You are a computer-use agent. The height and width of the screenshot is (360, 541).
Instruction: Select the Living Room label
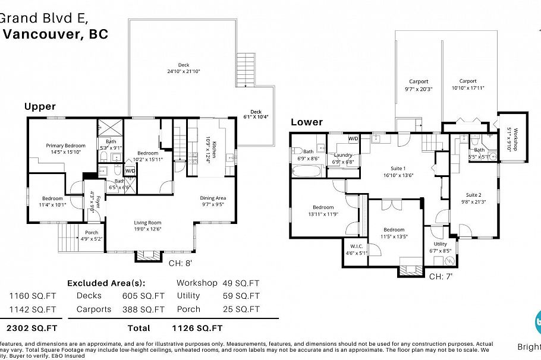(x=147, y=223)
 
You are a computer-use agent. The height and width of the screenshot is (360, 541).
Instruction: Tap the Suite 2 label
(x=473, y=195)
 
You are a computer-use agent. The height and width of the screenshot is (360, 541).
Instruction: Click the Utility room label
(x=440, y=244)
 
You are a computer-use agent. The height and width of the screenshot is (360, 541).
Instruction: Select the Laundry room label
(x=343, y=154)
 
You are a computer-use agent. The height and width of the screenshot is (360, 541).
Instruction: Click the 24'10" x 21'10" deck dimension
(x=184, y=71)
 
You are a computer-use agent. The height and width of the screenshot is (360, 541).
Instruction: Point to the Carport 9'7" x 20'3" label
(x=419, y=81)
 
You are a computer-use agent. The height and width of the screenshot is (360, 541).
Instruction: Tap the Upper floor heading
(x=40, y=106)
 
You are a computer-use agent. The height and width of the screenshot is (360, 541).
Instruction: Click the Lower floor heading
(x=306, y=122)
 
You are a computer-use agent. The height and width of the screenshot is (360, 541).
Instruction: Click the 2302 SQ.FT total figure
(x=32, y=327)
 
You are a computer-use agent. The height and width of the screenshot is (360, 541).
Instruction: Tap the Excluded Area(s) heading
(x=106, y=283)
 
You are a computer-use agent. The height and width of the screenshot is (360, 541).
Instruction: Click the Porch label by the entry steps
(x=92, y=232)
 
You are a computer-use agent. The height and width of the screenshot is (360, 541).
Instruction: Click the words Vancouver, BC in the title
(x=56, y=34)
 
